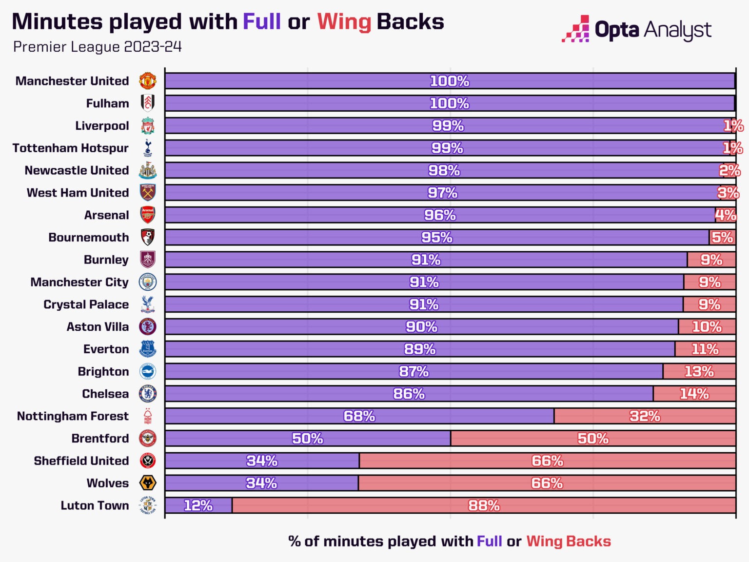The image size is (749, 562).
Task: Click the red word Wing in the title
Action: [344, 22]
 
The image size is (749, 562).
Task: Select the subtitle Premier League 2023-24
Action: [98, 47]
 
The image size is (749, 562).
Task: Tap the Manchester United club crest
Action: [148, 81]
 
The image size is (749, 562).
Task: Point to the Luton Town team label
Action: [95, 505]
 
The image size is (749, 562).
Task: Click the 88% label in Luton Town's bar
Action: [484, 505]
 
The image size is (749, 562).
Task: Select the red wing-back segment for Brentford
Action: [593, 439]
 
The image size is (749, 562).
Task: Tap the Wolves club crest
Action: [148, 483]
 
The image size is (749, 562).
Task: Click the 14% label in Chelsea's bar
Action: [694, 394]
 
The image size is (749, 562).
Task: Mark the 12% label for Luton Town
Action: [198, 505]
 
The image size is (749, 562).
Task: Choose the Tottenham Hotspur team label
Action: [71, 148]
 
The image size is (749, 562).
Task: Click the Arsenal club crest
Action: [148, 215]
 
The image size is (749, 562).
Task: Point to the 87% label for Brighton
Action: [414, 371]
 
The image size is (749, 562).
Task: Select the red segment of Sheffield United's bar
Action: [547, 461]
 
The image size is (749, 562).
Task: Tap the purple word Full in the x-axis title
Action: [489, 541]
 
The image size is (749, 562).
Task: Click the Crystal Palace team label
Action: [86, 304]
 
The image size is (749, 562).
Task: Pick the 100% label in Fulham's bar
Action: [449, 103]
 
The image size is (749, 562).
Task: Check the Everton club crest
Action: [148, 349]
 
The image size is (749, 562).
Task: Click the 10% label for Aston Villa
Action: [707, 327]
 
